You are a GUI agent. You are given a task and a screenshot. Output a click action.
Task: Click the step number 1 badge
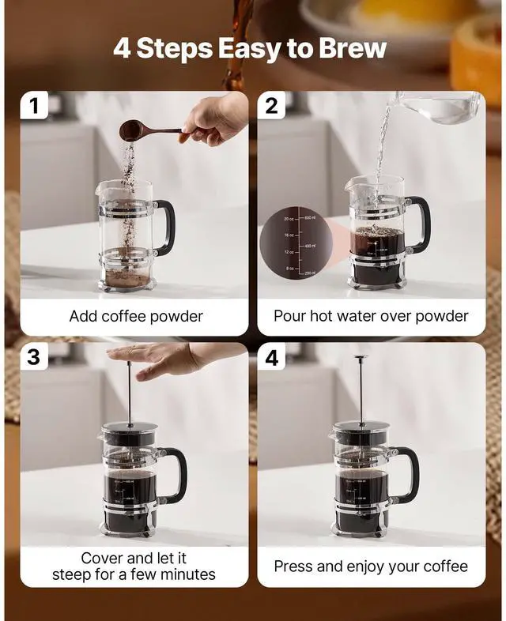34,106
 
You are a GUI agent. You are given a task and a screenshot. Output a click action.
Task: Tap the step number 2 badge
272,106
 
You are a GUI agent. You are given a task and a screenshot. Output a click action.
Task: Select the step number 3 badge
34,357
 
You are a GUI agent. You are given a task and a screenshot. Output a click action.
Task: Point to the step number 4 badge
272,357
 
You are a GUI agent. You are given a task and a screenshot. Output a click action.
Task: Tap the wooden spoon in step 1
150,130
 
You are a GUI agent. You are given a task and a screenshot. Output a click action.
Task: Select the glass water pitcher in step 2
439,108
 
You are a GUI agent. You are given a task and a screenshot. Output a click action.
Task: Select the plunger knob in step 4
361,360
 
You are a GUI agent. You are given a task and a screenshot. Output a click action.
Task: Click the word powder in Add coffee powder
175,317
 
